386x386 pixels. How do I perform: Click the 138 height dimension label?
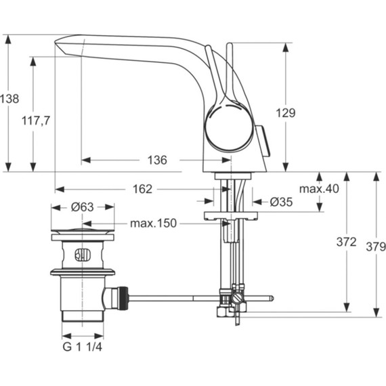click(9, 99)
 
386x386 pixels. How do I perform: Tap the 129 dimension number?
click(286, 114)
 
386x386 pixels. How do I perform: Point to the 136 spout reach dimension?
click(156, 160)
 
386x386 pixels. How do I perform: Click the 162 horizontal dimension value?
click(142, 190)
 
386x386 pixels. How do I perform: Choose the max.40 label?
click(318, 189)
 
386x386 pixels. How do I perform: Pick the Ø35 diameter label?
click(280, 201)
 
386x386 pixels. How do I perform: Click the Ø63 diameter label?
click(82, 207)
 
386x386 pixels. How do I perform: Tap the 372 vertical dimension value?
click(346, 242)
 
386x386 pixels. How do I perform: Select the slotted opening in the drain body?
click(82, 256)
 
